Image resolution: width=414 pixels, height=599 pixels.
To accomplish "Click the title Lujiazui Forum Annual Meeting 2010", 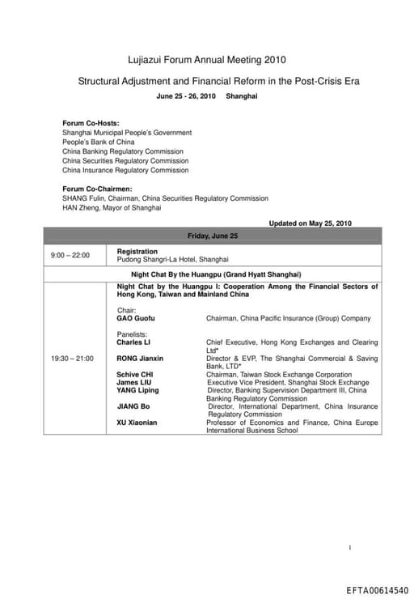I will click(x=207, y=60).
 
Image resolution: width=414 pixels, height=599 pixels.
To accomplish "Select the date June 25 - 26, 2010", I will click(x=186, y=96).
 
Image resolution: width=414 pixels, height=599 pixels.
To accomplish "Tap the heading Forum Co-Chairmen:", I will click(x=97, y=189).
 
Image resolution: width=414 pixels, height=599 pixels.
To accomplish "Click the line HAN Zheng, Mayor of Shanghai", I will click(x=112, y=207).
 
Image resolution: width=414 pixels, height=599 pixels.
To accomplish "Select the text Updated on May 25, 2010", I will click(x=310, y=223).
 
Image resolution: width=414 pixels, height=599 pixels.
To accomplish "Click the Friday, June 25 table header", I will click(x=213, y=236).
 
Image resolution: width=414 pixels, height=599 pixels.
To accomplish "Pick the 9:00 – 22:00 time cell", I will click(x=70, y=256).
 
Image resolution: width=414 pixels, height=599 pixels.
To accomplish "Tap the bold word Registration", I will click(x=137, y=252).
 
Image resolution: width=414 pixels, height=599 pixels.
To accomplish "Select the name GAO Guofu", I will click(x=136, y=318).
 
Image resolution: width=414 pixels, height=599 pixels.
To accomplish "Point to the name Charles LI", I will click(x=133, y=342).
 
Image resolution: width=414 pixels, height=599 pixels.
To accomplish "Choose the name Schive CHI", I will click(x=134, y=375).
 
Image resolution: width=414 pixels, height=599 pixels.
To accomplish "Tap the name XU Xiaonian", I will click(x=138, y=423).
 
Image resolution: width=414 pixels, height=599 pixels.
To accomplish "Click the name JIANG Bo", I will click(x=133, y=406).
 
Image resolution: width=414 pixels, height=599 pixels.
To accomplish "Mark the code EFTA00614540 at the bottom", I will click(x=378, y=590).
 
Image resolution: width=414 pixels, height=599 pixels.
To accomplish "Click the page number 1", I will click(x=350, y=548).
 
